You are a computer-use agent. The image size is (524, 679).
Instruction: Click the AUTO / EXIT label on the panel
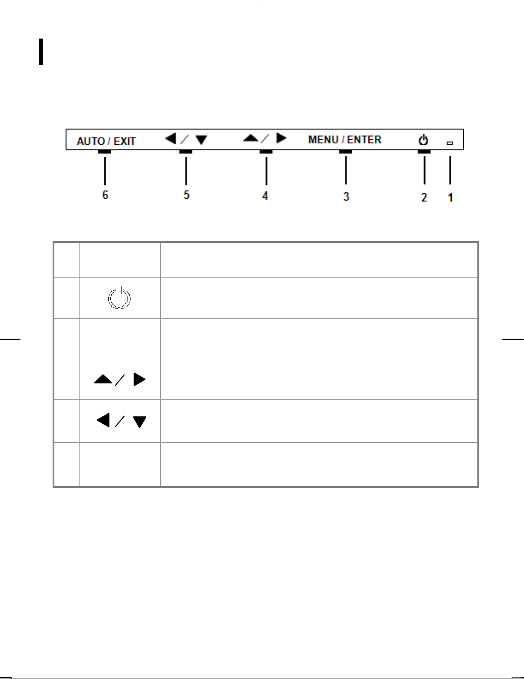(x=106, y=141)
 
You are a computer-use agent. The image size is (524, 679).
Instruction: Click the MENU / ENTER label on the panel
(x=345, y=140)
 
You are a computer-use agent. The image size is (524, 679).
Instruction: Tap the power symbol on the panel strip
(x=423, y=140)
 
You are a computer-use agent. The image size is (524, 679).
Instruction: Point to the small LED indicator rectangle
(x=450, y=144)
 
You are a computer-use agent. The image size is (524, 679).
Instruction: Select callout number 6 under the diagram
(x=105, y=195)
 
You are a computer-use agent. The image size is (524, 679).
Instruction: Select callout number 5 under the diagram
(x=187, y=195)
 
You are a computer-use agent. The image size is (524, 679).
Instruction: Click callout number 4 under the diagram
(x=265, y=196)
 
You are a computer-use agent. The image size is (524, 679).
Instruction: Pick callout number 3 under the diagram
(x=346, y=197)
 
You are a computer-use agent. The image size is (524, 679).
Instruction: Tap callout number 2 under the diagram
(x=424, y=197)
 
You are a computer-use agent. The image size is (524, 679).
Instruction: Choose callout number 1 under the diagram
(x=450, y=197)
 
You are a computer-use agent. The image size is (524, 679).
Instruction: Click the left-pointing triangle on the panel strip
(x=171, y=138)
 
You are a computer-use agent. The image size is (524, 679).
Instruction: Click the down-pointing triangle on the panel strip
(x=201, y=140)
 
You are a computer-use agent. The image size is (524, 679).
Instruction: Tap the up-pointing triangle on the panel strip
(x=251, y=138)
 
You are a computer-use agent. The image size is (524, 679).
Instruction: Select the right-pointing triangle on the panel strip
(x=281, y=138)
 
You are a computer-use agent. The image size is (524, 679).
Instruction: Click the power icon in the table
(x=119, y=298)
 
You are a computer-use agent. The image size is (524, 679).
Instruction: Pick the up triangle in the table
(x=103, y=379)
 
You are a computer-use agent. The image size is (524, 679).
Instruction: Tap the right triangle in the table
(x=139, y=380)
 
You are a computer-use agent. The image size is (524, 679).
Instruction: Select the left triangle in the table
(x=104, y=420)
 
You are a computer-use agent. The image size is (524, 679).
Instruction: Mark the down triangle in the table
(x=140, y=422)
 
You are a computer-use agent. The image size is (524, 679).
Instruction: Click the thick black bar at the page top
(x=41, y=51)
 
